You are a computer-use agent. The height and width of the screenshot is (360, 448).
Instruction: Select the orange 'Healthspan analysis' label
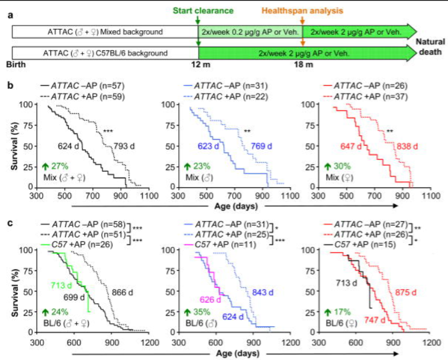(x=320, y=10)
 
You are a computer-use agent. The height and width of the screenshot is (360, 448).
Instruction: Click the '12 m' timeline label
(x=198, y=64)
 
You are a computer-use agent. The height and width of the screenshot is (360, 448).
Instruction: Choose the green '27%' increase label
(x=61, y=166)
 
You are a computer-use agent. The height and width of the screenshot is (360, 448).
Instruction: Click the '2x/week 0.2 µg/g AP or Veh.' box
(x=250, y=32)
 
